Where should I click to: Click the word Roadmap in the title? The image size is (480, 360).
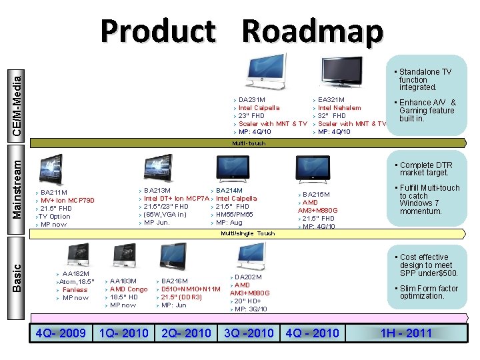[313, 31]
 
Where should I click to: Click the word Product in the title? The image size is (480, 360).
[159, 31]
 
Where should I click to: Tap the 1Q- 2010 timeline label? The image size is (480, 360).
[123, 333]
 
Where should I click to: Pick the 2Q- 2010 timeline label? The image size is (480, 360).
[186, 333]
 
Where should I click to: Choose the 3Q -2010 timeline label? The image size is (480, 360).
[249, 333]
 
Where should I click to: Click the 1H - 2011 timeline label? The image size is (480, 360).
[406, 333]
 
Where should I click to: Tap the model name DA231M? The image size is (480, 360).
[252, 100]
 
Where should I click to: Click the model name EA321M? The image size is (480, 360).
[331, 100]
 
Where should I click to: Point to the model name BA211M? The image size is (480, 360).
[54, 192]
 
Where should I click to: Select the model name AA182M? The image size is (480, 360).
[76, 273]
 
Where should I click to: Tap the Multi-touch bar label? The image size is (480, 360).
[249, 143]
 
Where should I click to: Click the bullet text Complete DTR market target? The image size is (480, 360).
[426, 169]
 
